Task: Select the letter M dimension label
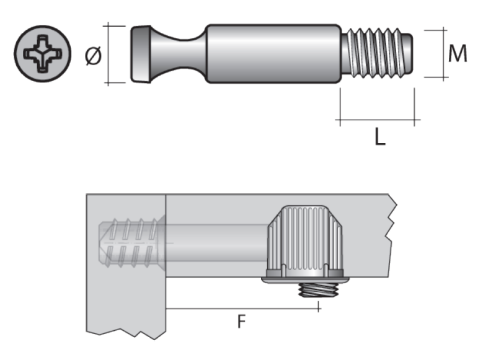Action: click(x=458, y=55)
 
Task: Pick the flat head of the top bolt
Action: click(x=140, y=54)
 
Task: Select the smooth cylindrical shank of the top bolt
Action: click(x=273, y=54)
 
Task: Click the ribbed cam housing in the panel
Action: click(x=304, y=242)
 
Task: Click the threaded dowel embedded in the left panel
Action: click(x=130, y=243)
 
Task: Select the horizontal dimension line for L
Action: click(x=378, y=120)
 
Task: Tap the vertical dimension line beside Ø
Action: click(x=108, y=55)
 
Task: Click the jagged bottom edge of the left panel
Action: click(x=124, y=335)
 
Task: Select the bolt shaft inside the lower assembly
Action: click(x=217, y=242)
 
